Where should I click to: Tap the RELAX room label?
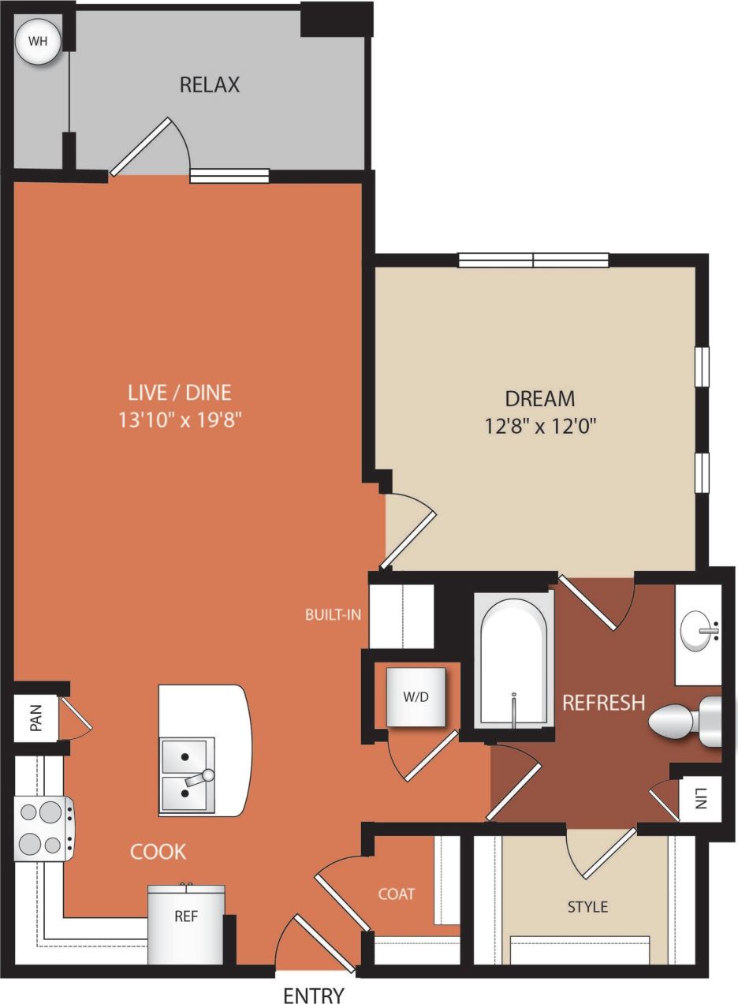coord(210,84)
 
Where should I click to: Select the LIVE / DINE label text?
coord(180,392)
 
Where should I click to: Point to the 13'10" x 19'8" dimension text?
coord(180,420)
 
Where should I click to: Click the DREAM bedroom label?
coord(540,399)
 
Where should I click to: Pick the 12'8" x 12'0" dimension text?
coord(540,427)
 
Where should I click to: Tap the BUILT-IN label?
coord(333,614)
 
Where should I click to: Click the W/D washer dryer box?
coord(416,697)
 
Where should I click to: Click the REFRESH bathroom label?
coord(603,702)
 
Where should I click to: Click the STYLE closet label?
coord(587,907)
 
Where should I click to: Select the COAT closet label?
coord(396,894)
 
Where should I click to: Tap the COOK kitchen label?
coord(158,852)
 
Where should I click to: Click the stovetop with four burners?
coord(43,828)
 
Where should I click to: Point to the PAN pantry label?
coord(35,718)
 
